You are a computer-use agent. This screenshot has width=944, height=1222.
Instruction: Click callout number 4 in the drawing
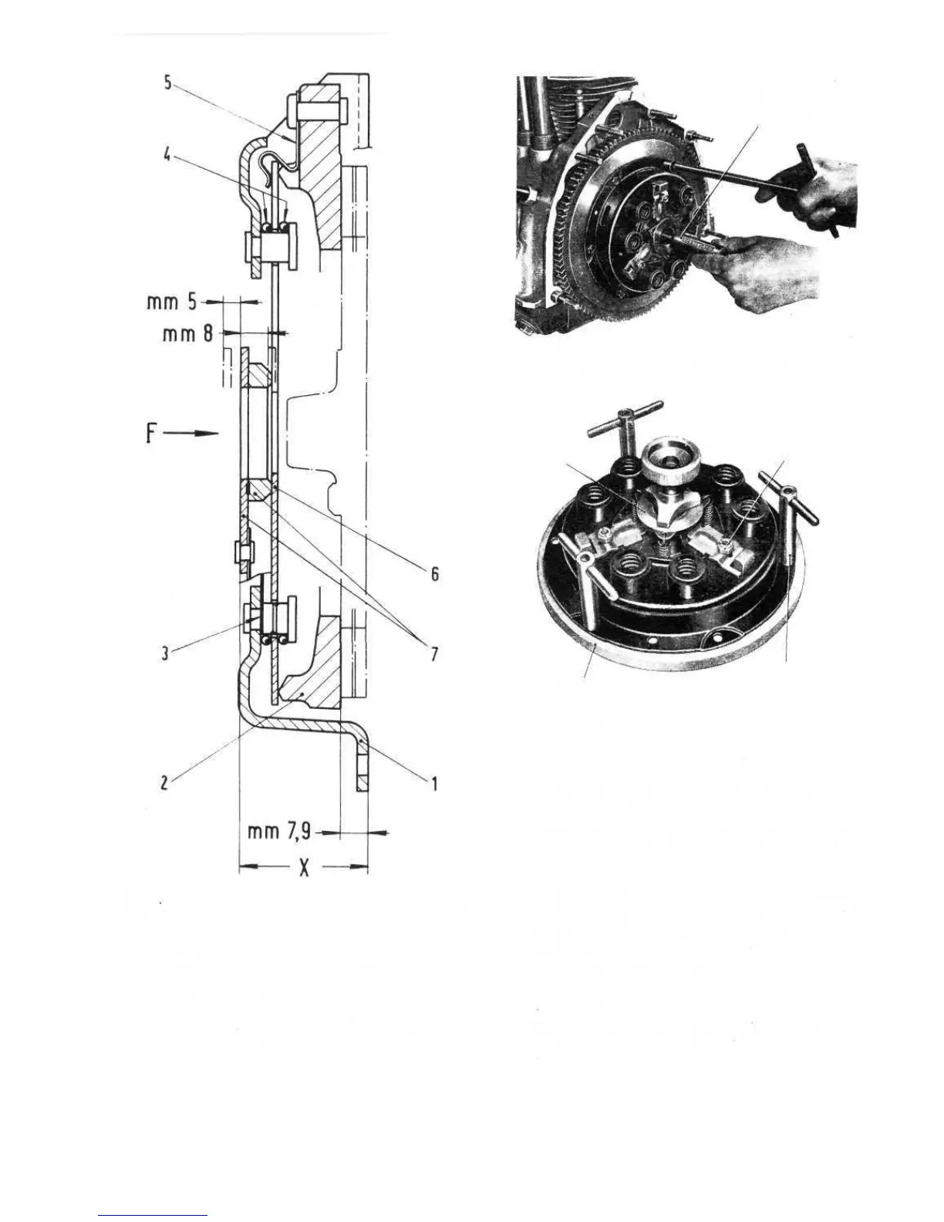pyautogui.click(x=167, y=154)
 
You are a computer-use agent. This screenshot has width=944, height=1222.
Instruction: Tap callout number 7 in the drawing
pyautogui.click(x=434, y=654)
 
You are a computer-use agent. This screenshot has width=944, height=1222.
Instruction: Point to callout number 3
pyautogui.click(x=164, y=654)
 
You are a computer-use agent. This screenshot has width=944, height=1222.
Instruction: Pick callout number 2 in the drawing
pyautogui.click(x=164, y=783)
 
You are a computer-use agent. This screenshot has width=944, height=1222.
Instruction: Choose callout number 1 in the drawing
pyautogui.click(x=434, y=783)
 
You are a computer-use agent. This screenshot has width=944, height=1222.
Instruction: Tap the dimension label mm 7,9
pyautogui.click(x=280, y=832)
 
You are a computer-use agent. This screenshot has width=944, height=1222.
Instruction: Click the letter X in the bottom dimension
pyautogui.click(x=304, y=869)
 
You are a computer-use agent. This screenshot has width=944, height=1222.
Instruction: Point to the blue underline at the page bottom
pyautogui.click(x=153, y=1215)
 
